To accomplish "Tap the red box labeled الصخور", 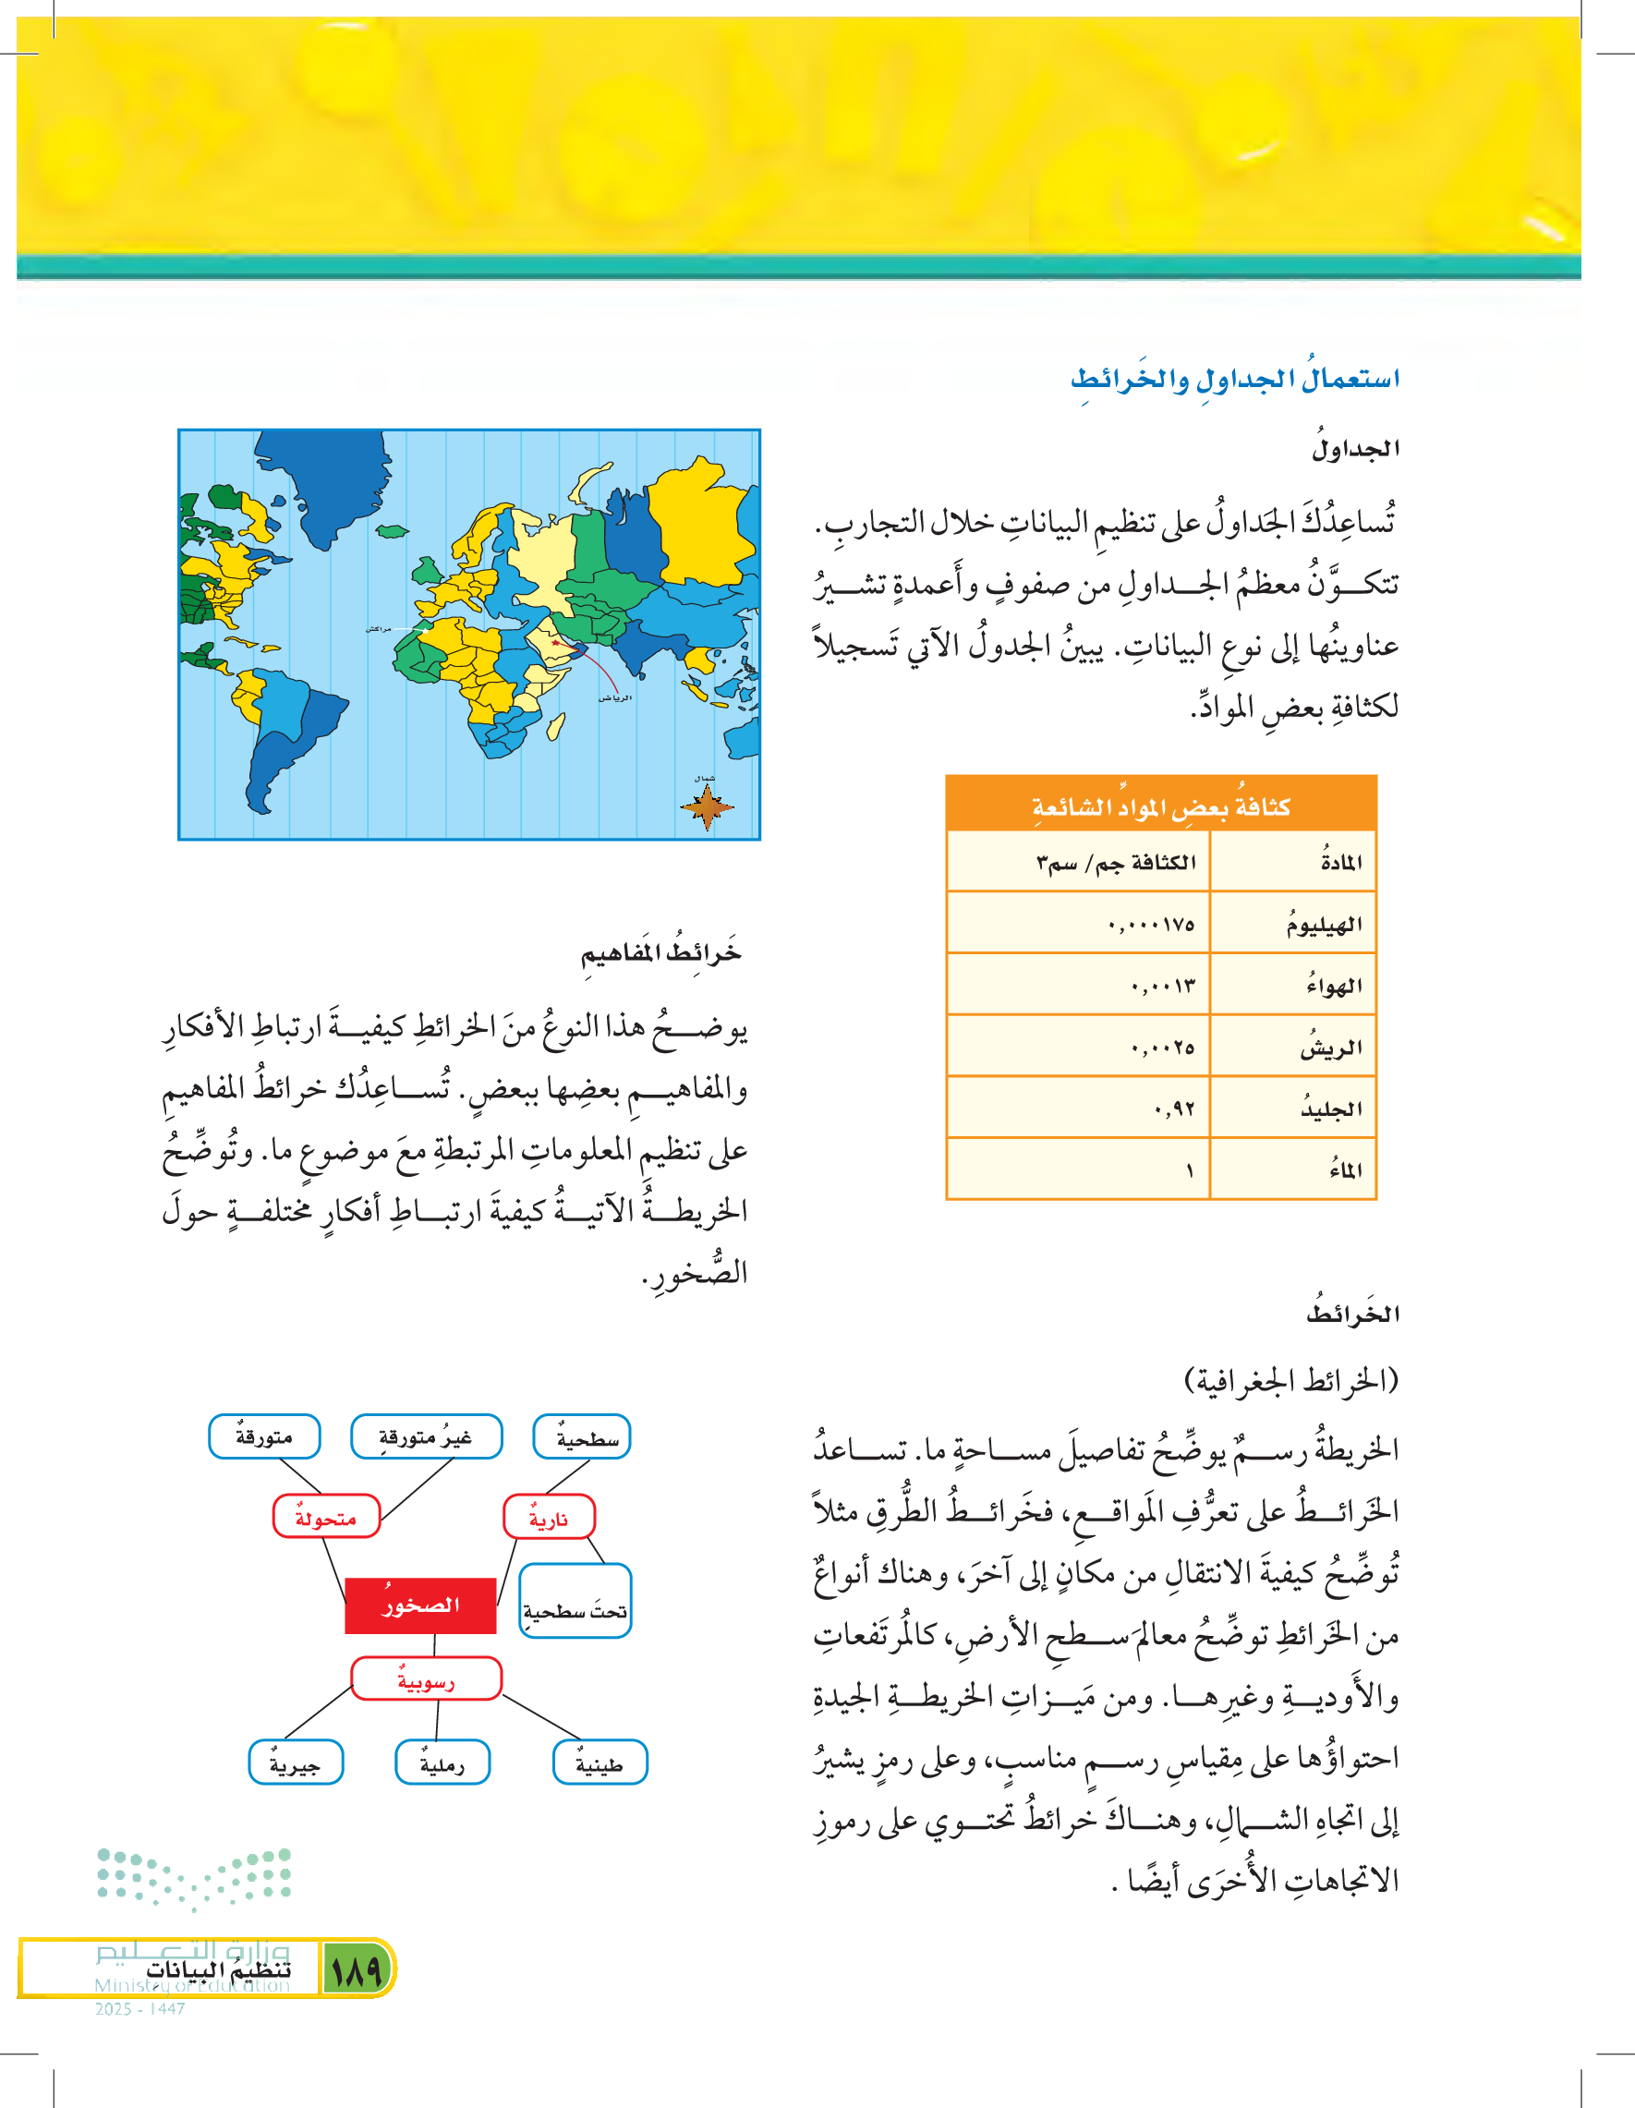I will pos(421,1605).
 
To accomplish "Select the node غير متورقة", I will pos(426,1437).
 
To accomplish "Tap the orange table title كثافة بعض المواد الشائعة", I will pos(1160,806).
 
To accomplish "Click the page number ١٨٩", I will pos(356,1969).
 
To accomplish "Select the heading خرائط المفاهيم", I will pos(660,953).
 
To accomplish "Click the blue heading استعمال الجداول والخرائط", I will pos(1234,380).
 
